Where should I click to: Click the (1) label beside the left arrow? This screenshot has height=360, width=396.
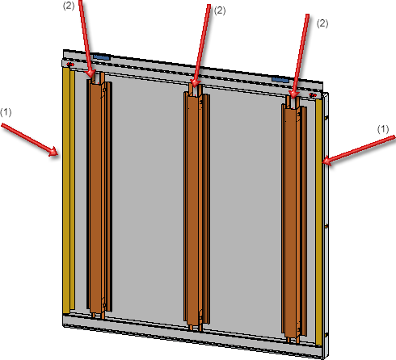pos(6,112)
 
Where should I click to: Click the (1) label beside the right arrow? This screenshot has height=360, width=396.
pos(383,129)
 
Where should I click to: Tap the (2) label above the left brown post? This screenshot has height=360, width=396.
pos(69,6)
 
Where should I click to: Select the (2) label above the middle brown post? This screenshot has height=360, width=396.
pos(220,10)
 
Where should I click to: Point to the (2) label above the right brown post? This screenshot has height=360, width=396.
pos(322,23)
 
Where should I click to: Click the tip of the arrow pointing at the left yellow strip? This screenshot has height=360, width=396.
pos(58,155)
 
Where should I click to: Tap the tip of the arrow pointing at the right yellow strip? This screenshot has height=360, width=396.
pos(322,161)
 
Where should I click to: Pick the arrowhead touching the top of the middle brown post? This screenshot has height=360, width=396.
pos(196,86)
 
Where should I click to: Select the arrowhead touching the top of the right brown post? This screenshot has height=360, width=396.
pos(293,98)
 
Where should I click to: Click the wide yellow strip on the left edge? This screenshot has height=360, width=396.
pos(66,190)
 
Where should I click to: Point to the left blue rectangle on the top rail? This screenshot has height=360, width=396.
pos(102,57)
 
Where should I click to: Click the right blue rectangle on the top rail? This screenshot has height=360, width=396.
pos(280,80)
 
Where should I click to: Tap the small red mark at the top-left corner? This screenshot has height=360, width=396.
pos(70,65)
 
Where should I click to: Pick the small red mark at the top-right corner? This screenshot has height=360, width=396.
pos(313,95)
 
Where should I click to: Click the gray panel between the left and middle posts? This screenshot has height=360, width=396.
pos(148,199)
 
